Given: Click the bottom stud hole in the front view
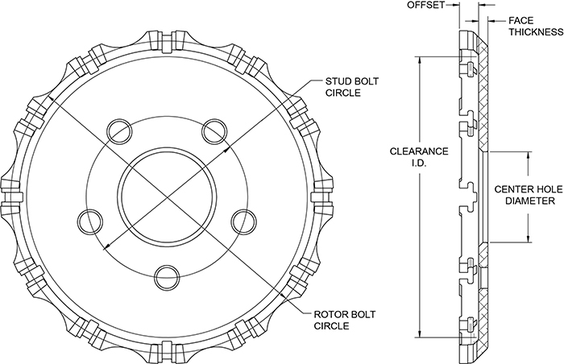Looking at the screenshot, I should [x=165, y=275].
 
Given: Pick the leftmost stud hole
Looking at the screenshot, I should [x=89, y=219].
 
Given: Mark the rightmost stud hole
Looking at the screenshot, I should [x=242, y=219].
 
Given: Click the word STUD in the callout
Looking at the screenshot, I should [x=338, y=81].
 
